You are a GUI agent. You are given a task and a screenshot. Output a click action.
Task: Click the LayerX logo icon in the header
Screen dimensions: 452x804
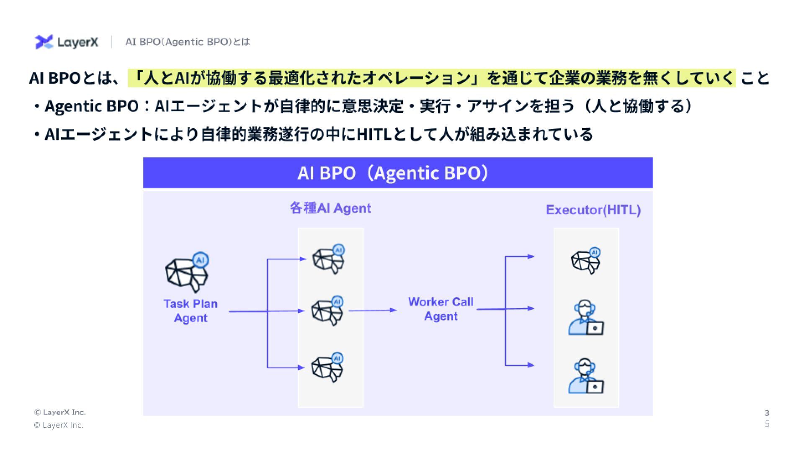pyautogui.click(x=44, y=42)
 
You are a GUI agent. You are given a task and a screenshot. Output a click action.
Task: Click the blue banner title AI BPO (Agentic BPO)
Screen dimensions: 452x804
pyautogui.click(x=393, y=173)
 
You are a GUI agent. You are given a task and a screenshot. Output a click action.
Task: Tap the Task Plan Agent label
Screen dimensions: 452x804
pyautogui.click(x=191, y=311)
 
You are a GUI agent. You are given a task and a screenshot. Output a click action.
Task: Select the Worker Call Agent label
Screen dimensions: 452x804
pyautogui.click(x=441, y=309)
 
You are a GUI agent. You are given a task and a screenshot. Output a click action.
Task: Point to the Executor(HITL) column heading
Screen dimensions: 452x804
pyautogui.click(x=593, y=210)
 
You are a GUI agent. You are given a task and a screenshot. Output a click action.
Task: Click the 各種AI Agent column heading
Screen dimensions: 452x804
pyautogui.click(x=330, y=208)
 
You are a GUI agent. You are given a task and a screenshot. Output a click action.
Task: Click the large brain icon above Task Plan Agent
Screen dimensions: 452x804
pyautogui.click(x=187, y=273)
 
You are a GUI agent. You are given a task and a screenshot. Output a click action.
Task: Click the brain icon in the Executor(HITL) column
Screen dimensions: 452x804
pyautogui.click(x=586, y=261)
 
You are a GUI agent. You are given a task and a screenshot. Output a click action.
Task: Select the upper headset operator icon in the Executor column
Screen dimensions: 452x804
pyautogui.click(x=585, y=318)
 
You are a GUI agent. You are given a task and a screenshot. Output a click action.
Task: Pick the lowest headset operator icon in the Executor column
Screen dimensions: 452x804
pyautogui.click(x=585, y=376)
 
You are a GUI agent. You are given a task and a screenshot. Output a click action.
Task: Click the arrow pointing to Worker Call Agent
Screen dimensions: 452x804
pyautogui.click(x=373, y=310)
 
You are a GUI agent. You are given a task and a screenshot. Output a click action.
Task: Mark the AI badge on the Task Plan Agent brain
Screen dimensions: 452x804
pyautogui.click(x=201, y=260)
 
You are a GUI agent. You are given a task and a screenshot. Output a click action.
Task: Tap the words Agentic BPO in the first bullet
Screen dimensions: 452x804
pyautogui.click(x=91, y=106)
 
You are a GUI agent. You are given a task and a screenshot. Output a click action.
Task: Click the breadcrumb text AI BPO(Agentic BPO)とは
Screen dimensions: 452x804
pyautogui.click(x=187, y=42)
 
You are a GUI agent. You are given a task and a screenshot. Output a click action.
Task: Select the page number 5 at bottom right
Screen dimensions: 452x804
pyautogui.click(x=767, y=424)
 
